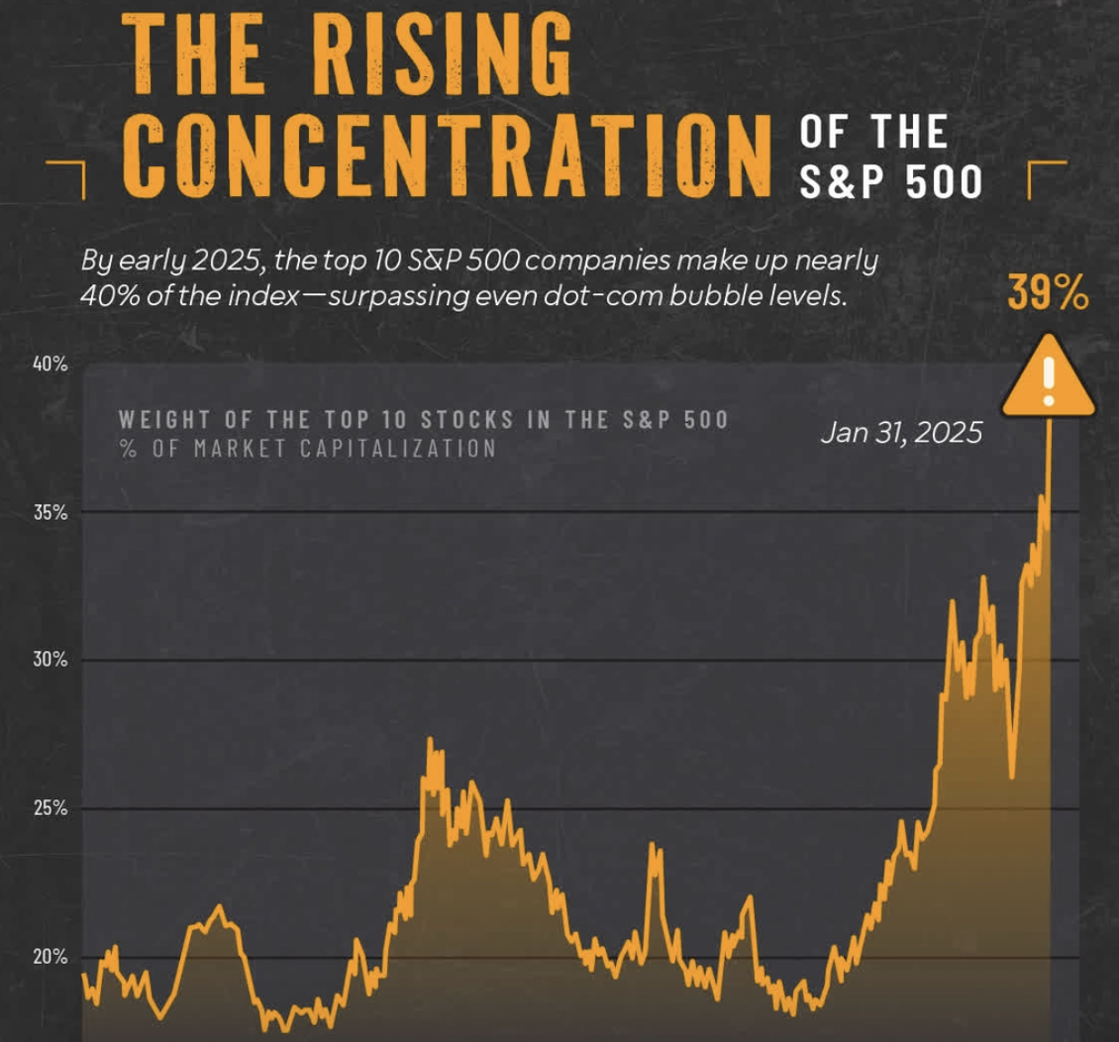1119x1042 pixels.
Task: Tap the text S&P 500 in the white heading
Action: point(890,182)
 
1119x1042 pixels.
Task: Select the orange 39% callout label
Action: point(1049,292)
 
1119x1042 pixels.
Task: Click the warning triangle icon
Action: point(1049,376)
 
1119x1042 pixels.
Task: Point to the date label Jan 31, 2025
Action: point(901,433)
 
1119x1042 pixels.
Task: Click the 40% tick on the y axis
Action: point(50,364)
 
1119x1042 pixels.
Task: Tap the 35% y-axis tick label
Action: point(50,512)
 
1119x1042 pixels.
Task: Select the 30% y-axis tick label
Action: point(50,660)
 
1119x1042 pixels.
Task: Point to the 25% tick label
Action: point(50,808)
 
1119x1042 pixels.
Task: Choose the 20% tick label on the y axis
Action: point(50,957)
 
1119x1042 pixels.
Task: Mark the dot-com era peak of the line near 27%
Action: point(430,739)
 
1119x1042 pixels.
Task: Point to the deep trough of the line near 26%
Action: point(1012,777)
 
